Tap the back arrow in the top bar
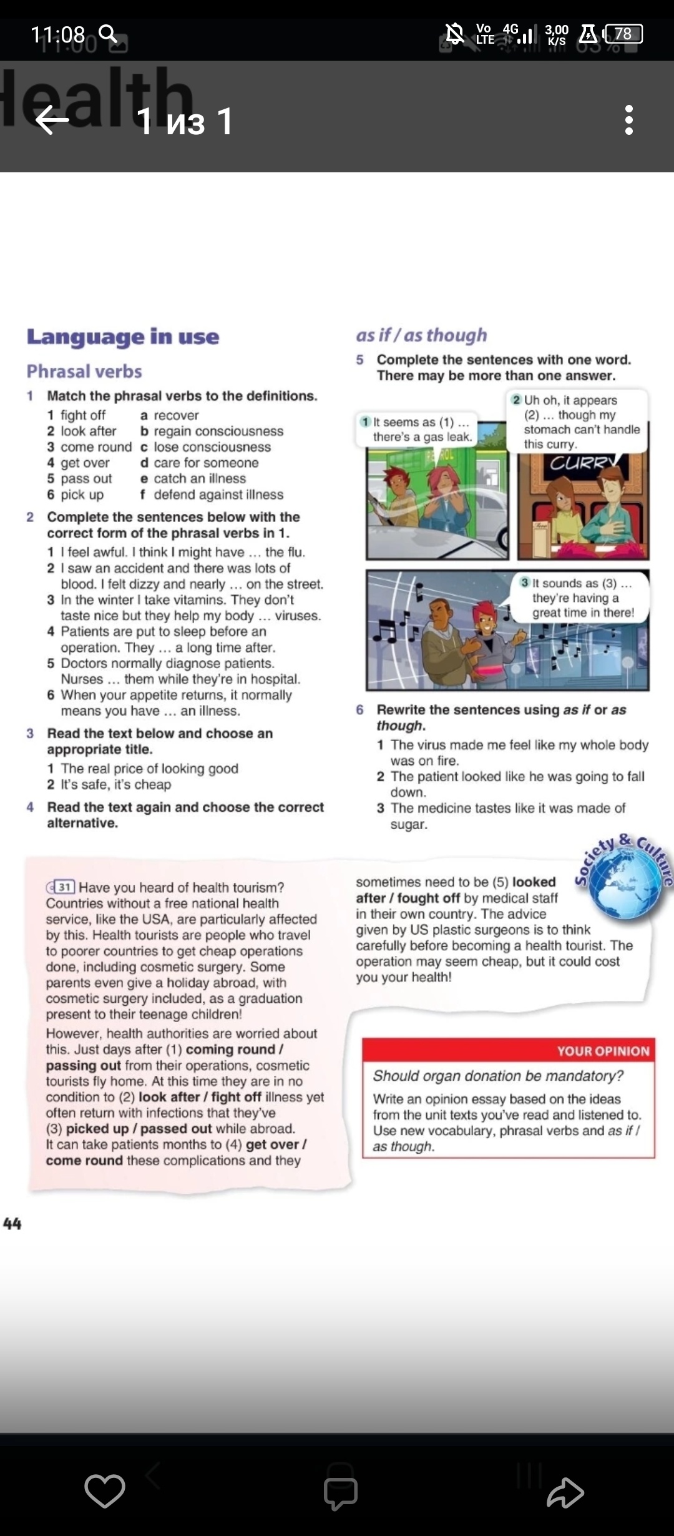point(52,119)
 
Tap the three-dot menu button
point(628,119)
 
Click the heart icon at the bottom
point(105,1491)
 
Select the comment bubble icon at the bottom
point(340,1492)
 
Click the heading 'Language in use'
point(123,337)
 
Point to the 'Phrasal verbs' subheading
point(84,372)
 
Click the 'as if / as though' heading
point(421,335)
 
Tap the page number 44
point(12,1224)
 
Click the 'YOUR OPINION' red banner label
point(603,1051)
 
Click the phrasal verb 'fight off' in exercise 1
point(83,415)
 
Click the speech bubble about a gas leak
point(417,430)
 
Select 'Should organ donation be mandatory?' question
point(498,1076)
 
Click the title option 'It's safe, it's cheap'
point(116,785)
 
